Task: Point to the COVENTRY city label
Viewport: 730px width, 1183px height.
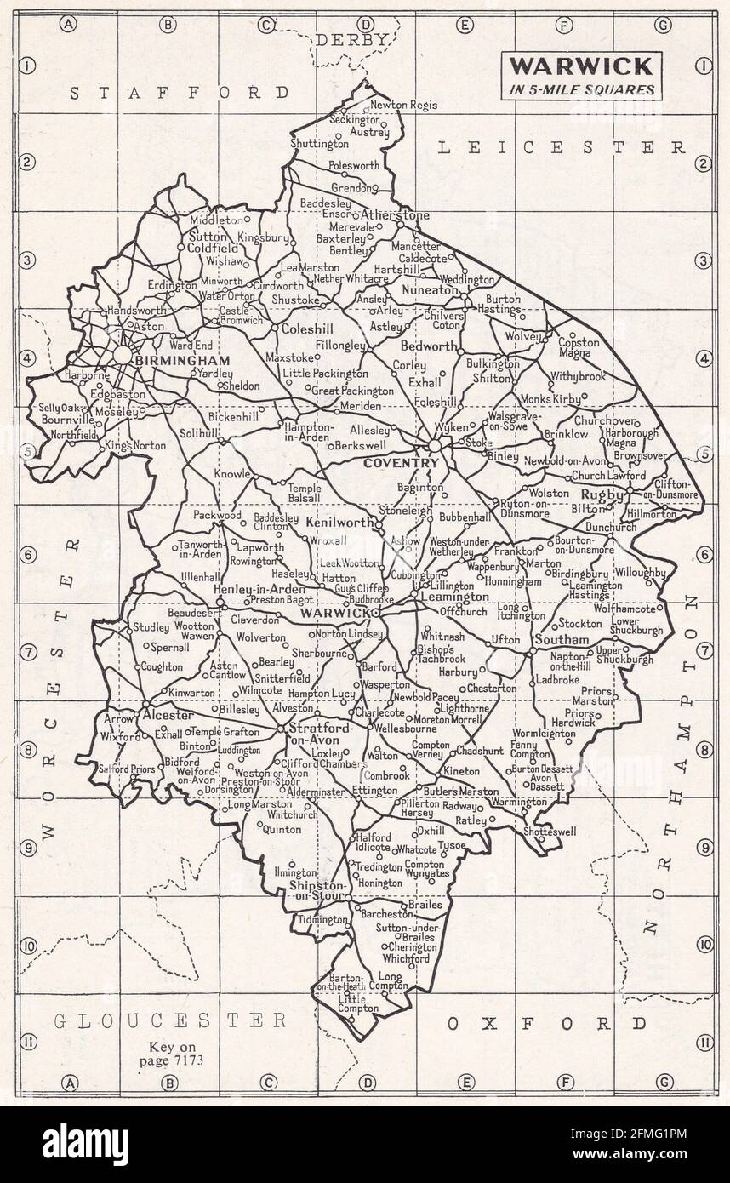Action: coord(402,462)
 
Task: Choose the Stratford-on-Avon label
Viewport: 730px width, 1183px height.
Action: coord(315,734)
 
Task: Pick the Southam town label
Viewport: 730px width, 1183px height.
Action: coord(561,639)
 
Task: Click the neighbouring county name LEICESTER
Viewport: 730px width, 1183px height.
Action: coord(562,147)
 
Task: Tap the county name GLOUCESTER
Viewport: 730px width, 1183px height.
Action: coord(170,1020)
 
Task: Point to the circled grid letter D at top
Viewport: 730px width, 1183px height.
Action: coord(366,25)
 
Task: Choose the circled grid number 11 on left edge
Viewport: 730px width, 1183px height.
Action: coord(27,1041)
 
